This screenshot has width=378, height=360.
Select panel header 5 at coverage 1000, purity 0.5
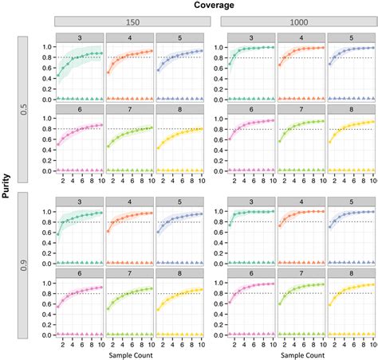pyautogui.click(x=351, y=37)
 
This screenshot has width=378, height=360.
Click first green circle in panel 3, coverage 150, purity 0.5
pyautogui.click(x=58, y=76)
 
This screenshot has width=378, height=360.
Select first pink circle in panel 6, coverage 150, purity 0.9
pyautogui.click(x=58, y=307)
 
